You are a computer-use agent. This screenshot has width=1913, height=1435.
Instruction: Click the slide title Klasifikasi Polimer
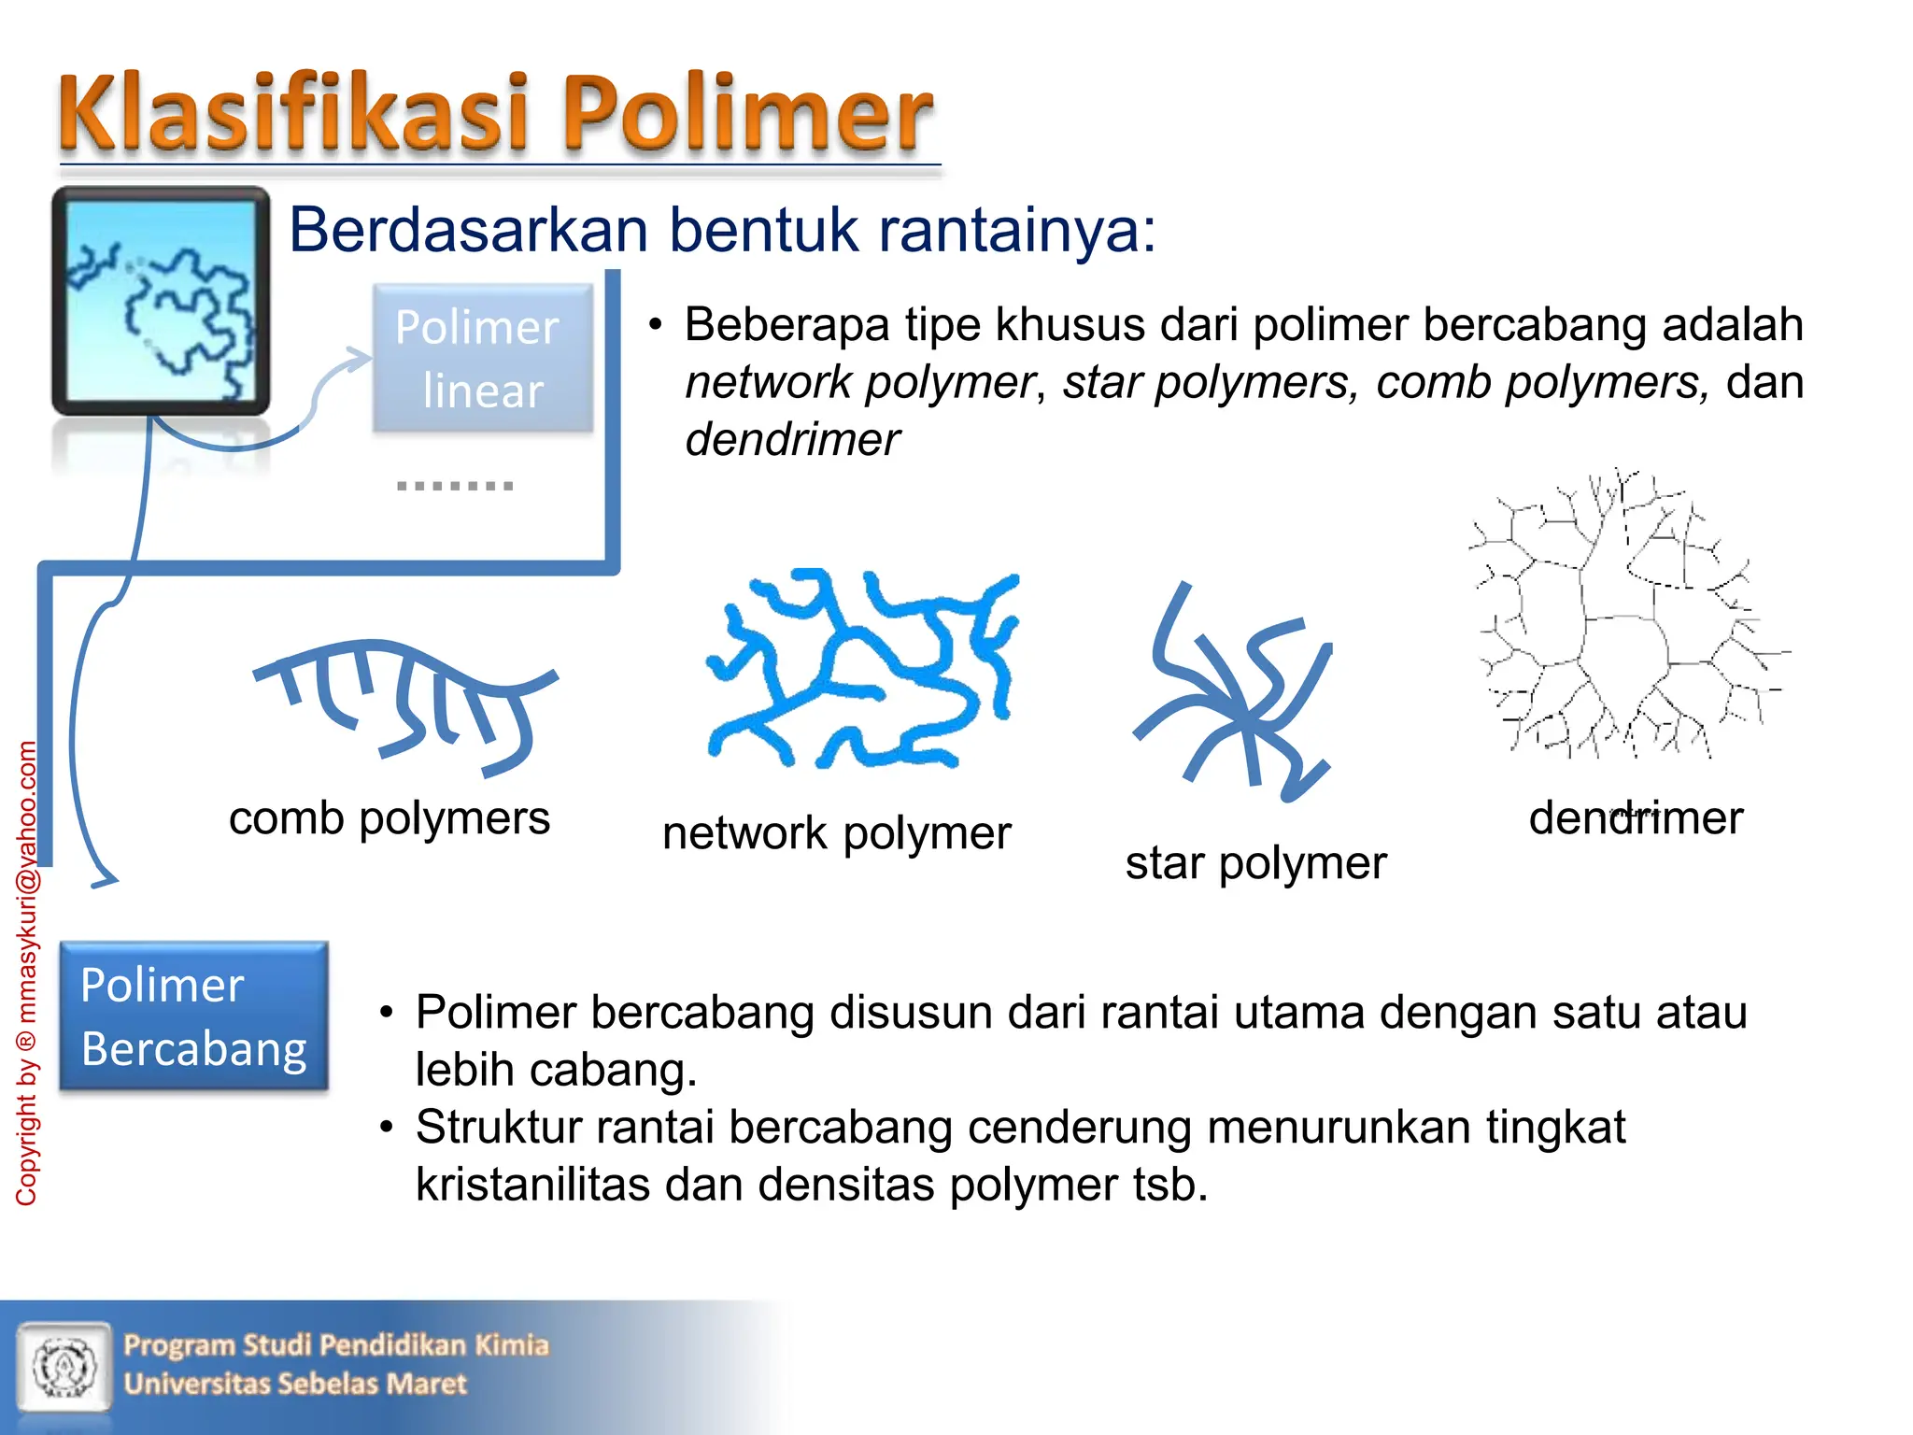click(x=495, y=114)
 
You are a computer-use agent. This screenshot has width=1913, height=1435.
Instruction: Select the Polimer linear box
click(x=482, y=358)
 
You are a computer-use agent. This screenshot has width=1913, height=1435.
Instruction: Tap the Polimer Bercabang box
click(x=193, y=1016)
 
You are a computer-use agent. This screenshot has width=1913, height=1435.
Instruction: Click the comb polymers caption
click(x=390, y=818)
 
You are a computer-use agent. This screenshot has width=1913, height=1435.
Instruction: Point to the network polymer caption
click(x=836, y=832)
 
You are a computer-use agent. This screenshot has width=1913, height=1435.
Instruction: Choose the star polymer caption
click(x=1255, y=862)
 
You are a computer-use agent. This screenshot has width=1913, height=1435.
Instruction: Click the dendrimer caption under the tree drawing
click(x=1636, y=817)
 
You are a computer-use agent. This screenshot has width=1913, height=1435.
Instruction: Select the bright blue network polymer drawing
click(x=859, y=668)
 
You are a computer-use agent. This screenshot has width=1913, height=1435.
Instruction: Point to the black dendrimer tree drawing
click(x=1625, y=617)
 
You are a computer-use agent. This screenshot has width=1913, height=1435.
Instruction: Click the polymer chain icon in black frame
click(x=161, y=301)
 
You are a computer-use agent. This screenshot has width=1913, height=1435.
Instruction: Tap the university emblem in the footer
click(x=64, y=1365)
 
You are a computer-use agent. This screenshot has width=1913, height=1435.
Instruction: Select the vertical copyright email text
click(x=26, y=972)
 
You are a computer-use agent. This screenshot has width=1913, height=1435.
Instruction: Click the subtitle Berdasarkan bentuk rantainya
click(x=721, y=230)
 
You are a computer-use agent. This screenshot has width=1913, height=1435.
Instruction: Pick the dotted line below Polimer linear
click(x=455, y=486)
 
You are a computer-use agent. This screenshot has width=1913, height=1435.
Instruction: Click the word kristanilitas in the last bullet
click(x=532, y=1185)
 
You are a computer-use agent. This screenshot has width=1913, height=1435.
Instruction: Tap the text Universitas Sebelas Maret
click(x=295, y=1384)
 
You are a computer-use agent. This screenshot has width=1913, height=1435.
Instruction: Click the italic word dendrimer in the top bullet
click(x=792, y=439)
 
